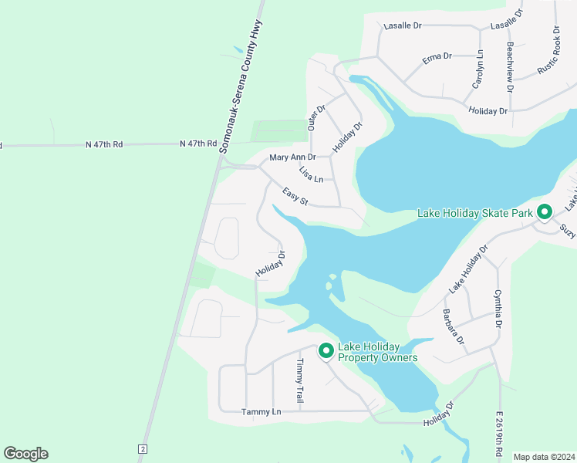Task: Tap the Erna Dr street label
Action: pyautogui.click(x=437, y=57)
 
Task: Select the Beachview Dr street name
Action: pyautogui.click(x=510, y=65)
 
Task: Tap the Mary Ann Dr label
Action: pyautogui.click(x=292, y=157)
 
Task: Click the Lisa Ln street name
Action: pyautogui.click(x=312, y=174)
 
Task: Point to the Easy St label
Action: pyautogui.click(x=295, y=198)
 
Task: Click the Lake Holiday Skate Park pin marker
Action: pyautogui.click(x=545, y=211)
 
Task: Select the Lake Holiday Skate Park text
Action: pyautogui.click(x=476, y=213)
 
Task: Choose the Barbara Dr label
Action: pyautogui.click(x=453, y=326)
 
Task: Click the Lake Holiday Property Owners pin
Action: pyautogui.click(x=326, y=350)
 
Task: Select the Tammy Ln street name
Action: pyautogui.click(x=262, y=412)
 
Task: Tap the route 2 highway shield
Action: pyautogui.click(x=143, y=448)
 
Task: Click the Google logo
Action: pyautogui.click(x=25, y=454)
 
